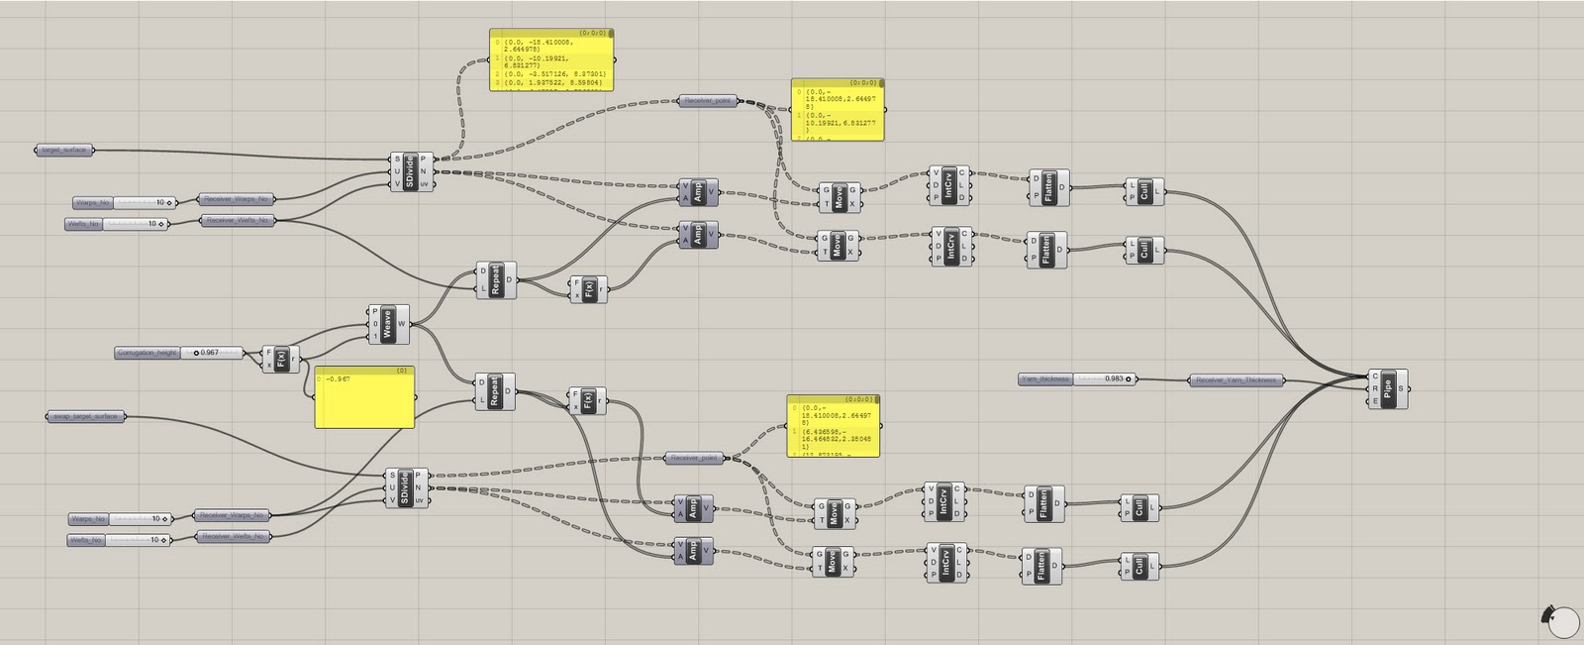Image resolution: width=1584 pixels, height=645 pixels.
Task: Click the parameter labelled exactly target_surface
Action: pyautogui.click(x=64, y=151)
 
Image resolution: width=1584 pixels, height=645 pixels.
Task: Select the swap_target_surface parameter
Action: pyautogui.click(x=86, y=416)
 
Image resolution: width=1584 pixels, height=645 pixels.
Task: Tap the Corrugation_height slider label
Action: pyautogui.click(x=148, y=353)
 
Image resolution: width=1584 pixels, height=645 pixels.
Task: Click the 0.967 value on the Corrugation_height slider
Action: pyautogui.click(x=209, y=353)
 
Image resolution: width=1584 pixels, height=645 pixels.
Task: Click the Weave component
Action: pyautogui.click(x=388, y=324)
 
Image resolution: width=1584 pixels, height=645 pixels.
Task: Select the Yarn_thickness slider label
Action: pyautogui.click(x=1045, y=379)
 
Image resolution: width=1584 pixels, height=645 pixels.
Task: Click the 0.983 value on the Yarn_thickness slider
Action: pyautogui.click(x=1114, y=379)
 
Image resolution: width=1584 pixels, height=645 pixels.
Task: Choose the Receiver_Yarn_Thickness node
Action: pyautogui.click(x=1236, y=379)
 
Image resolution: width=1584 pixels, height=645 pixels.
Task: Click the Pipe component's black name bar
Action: pyautogui.click(x=1389, y=388)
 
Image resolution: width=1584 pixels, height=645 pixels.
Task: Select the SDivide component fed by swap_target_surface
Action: pyautogui.click(x=405, y=487)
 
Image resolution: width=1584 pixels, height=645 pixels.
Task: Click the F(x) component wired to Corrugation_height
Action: pyautogui.click(x=281, y=359)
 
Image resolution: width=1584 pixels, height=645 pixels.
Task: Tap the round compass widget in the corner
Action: pyautogui.click(x=1561, y=621)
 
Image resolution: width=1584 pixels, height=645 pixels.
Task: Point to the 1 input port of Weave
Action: pyautogui.click(x=375, y=336)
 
